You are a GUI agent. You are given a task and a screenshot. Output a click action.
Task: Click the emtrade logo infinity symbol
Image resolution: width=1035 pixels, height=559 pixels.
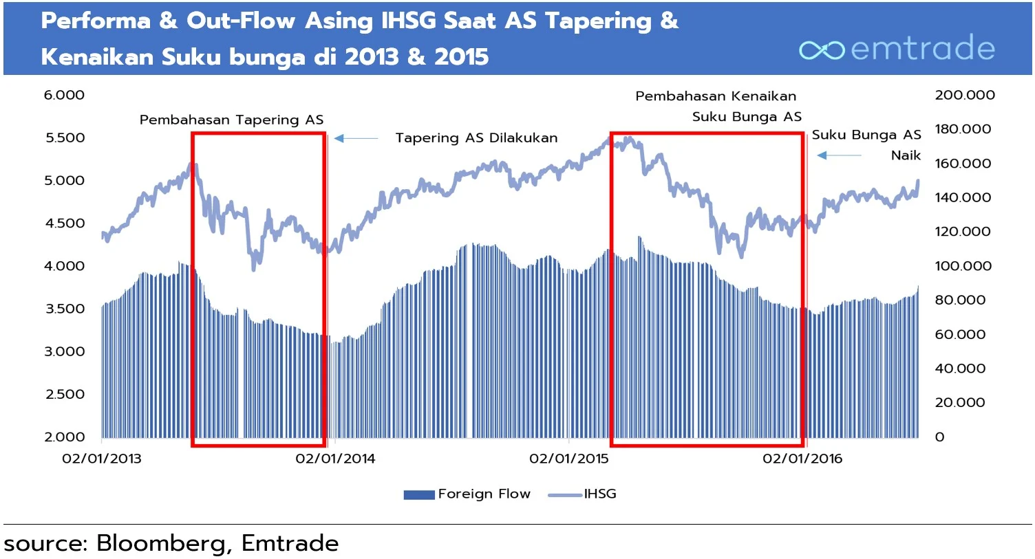(822, 50)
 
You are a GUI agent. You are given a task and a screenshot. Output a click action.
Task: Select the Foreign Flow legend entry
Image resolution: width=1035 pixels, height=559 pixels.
(468, 494)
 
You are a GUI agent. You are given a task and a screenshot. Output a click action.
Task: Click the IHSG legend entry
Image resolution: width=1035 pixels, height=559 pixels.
(583, 494)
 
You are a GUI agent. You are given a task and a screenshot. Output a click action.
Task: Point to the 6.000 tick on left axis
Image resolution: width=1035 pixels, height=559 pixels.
(64, 95)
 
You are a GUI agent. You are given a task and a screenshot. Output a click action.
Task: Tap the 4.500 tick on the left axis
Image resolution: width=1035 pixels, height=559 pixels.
(65, 223)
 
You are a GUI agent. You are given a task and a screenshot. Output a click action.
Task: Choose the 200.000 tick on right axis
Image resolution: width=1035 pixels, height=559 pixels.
(964, 95)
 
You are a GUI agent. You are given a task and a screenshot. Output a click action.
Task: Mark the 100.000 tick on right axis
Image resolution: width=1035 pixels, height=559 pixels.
(963, 266)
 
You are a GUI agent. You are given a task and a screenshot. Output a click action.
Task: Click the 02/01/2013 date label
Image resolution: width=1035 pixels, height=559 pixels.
(101, 459)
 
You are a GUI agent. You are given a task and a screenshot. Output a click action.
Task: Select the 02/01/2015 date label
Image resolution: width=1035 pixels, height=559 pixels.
(568, 459)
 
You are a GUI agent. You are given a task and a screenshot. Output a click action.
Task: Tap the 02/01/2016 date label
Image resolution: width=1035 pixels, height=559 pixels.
(802, 459)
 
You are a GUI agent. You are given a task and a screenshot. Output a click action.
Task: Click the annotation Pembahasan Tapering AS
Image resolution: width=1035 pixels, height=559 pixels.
(231, 120)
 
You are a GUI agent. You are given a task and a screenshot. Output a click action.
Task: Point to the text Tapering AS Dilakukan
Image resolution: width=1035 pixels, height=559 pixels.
(476, 138)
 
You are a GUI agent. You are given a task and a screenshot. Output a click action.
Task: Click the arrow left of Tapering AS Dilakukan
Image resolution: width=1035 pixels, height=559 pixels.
(356, 139)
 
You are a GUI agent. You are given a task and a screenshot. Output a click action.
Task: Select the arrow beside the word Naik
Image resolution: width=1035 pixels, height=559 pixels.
(839, 155)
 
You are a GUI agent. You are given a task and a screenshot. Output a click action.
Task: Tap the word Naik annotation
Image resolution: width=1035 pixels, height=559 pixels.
(906, 155)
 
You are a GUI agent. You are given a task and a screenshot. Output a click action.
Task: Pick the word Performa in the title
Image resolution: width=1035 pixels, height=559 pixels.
(95, 21)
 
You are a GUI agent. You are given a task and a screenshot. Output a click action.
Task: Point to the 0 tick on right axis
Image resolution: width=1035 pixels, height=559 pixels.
(939, 437)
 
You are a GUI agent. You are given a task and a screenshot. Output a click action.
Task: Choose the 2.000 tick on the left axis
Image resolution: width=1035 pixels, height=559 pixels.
(65, 437)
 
